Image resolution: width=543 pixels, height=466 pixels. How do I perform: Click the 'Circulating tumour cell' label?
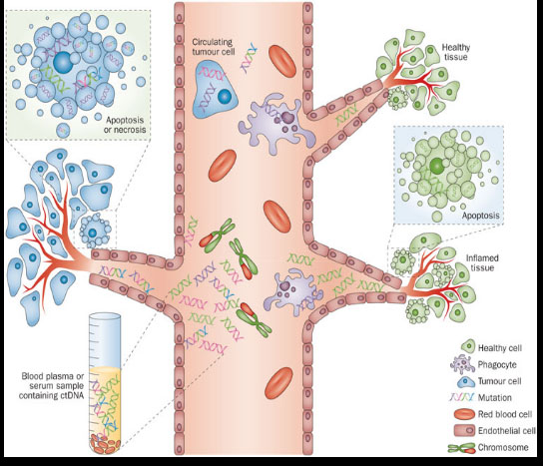pos(213,47)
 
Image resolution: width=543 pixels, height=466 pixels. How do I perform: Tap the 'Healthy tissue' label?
pos(456,52)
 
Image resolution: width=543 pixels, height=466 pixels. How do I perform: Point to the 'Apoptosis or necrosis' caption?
pos(125,125)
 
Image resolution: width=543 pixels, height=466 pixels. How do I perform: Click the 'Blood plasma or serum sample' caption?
pos(53,381)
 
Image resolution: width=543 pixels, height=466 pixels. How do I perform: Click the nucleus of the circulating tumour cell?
pos(224,96)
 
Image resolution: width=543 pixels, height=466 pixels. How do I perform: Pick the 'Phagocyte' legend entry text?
pos(497,364)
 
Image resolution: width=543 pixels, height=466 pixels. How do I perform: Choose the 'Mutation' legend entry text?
pos(494,397)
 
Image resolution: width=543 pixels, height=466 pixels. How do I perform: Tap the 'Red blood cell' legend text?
pos(505,414)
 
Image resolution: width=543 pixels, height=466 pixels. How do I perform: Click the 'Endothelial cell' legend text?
pos(507,431)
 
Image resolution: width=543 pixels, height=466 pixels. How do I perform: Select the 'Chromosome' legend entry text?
pos(503,447)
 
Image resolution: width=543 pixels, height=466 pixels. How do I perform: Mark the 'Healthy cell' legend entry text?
pos(500,348)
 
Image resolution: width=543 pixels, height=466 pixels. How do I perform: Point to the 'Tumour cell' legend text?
pos(499,381)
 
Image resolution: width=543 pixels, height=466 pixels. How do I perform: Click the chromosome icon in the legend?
pos(461,448)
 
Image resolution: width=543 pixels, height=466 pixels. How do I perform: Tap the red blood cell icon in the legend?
pos(464,414)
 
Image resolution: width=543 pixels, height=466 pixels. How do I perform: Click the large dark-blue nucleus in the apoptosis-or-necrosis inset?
pos(64,62)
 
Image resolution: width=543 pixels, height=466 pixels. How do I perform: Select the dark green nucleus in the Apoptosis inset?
pos(437,166)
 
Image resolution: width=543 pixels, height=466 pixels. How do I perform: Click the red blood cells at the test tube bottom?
pos(105,444)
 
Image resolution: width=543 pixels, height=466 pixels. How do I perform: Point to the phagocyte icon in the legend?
pos(462,365)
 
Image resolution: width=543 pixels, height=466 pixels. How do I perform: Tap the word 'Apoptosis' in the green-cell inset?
pos(481,216)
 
